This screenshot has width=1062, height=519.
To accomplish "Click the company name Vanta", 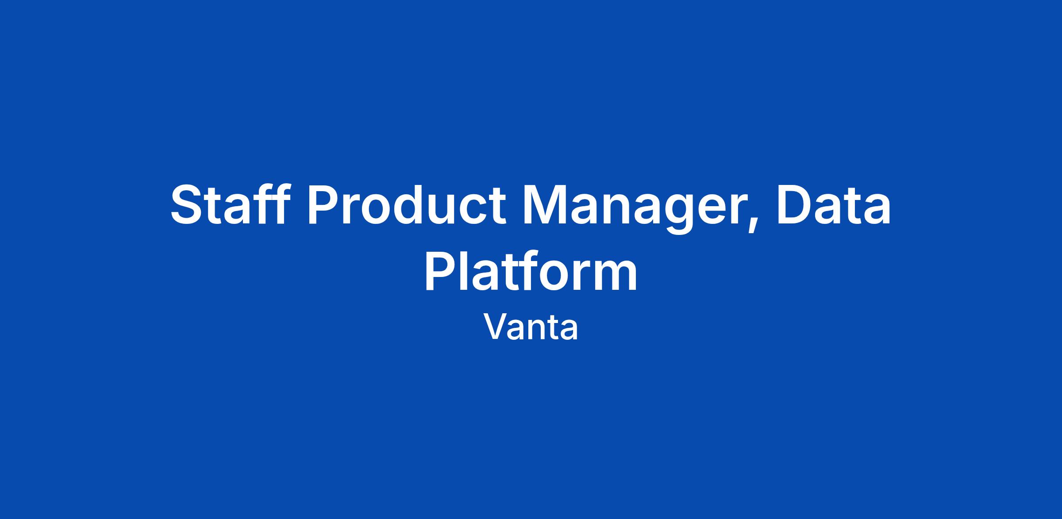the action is pyautogui.click(x=531, y=327).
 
